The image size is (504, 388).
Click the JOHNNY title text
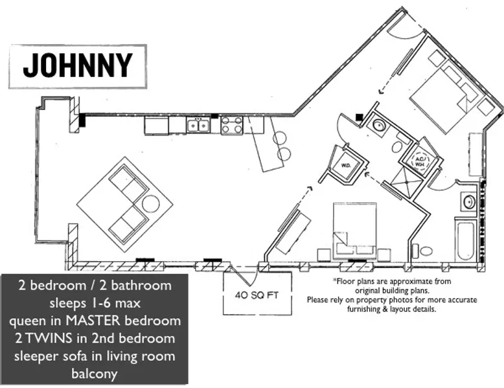coord(78,65)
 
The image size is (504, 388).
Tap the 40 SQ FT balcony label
coord(257,295)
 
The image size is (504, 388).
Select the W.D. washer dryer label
coord(345,166)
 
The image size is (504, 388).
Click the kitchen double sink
coord(198,125)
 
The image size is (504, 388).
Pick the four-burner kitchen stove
coord(232,125)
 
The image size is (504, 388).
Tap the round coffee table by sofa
coord(150,204)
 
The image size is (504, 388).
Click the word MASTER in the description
coord(93,321)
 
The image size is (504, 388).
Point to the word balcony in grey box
coord(94,374)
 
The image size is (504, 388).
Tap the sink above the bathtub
coord(468,202)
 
